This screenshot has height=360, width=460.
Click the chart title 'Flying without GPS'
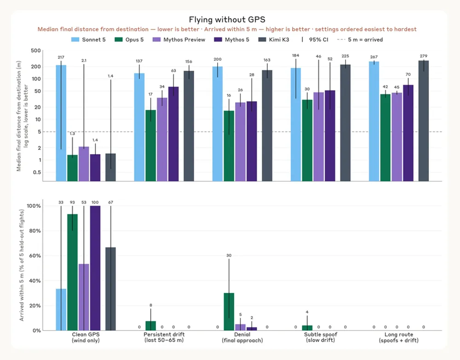coord(227,20)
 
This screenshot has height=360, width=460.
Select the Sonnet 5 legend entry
coord(88,40)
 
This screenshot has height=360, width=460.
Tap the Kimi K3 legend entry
coord(274,40)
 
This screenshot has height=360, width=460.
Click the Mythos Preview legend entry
coord(179,40)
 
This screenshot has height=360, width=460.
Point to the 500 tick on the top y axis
coord(36,51)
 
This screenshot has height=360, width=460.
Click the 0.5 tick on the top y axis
coord(37,172)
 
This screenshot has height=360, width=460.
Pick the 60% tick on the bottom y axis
coord(35,256)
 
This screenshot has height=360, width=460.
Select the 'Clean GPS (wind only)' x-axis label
coord(86,337)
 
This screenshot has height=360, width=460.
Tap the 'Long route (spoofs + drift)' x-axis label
coord(399,337)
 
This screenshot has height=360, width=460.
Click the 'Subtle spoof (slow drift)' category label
coord(321,337)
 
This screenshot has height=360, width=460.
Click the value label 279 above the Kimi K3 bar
coord(424,56)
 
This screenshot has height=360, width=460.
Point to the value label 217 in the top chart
coord(61,57)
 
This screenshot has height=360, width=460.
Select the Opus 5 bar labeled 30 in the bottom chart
coord(229,312)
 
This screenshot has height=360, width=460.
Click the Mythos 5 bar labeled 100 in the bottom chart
coord(95,268)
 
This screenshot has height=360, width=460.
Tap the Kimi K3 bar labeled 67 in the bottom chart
coord(110,289)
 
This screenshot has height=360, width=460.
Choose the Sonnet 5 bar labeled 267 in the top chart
coord(374,121)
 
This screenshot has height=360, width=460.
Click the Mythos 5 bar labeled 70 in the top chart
coord(408,133)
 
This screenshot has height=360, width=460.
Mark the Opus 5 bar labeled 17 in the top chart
coord(151,145)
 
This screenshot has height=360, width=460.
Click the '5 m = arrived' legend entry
coord(360,40)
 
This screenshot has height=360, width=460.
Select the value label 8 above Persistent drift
coord(151,305)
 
